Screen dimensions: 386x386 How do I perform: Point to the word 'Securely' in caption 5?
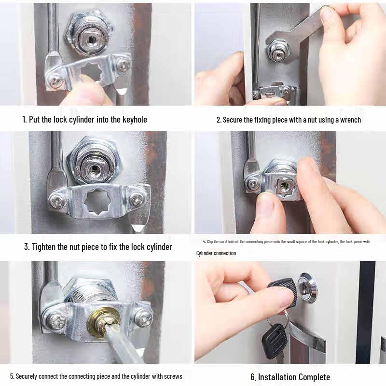[28, 376]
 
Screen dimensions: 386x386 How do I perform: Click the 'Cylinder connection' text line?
[216, 253]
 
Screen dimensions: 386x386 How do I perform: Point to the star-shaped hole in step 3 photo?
[96, 203]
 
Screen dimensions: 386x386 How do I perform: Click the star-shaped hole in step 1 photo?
[92, 73]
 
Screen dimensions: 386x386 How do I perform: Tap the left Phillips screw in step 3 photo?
[56, 200]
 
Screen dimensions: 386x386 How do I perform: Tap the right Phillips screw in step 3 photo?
[137, 198]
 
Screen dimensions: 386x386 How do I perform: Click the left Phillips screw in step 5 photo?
[55, 320]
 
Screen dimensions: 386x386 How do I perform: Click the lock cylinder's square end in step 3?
[94, 169]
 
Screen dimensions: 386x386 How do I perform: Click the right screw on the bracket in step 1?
[124, 65]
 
